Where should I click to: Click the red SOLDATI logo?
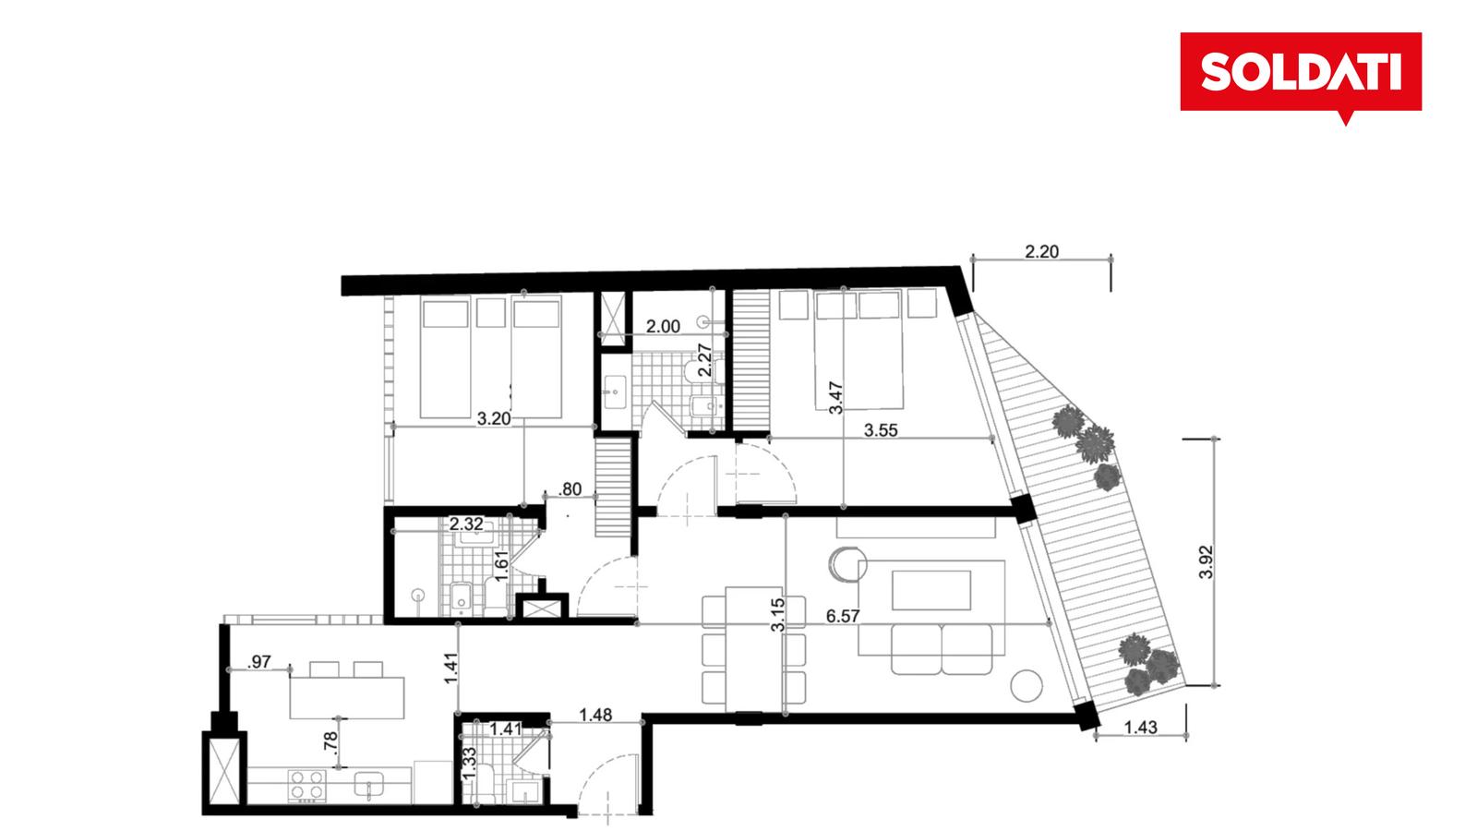click(x=1301, y=73)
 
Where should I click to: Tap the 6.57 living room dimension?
click(x=843, y=616)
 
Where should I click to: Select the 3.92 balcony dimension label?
click(x=1206, y=562)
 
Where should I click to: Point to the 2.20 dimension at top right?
click(x=1042, y=251)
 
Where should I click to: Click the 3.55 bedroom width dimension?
click(x=881, y=430)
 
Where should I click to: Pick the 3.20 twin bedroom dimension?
click(x=494, y=419)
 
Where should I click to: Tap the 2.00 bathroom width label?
click(x=663, y=327)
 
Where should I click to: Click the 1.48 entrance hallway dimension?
click(x=595, y=715)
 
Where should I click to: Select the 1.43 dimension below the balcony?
click(x=1140, y=728)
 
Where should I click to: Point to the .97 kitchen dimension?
click(x=258, y=661)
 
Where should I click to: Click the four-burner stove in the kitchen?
click(x=307, y=786)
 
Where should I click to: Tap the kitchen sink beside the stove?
click(x=368, y=785)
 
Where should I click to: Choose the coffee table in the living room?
click(x=931, y=590)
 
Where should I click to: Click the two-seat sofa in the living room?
click(x=942, y=650)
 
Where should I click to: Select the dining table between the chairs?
click(x=753, y=649)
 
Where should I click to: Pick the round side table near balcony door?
click(x=1027, y=686)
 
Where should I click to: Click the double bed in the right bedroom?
click(x=859, y=350)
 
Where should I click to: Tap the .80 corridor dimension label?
click(x=570, y=489)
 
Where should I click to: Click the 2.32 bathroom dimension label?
click(x=466, y=524)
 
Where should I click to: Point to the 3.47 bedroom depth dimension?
click(x=835, y=398)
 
